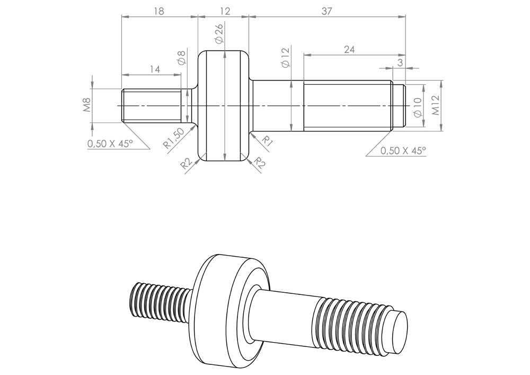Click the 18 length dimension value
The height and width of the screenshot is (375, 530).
(x=158, y=11)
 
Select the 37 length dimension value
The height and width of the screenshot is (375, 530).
(x=326, y=11)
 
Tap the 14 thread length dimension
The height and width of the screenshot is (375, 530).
(x=154, y=69)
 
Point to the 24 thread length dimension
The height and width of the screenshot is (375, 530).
(x=349, y=49)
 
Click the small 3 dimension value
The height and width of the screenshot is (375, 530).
(x=400, y=62)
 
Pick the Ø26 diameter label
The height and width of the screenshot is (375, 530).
(x=219, y=33)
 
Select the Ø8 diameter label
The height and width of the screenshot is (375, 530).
(x=181, y=57)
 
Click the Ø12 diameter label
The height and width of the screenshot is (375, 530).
(x=286, y=57)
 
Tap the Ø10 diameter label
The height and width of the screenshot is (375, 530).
(x=417, y=107)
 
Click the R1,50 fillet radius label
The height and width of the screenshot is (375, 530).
(x=173, y=138)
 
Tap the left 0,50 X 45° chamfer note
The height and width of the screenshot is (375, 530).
(x=110, y=143)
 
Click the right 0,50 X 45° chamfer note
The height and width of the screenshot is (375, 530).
(x=403, y=151)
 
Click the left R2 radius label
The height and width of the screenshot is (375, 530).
(x=186, y=164)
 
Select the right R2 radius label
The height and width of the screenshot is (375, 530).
(x=259, y=163)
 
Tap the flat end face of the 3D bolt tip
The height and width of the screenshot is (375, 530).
(x=399, y=333)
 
